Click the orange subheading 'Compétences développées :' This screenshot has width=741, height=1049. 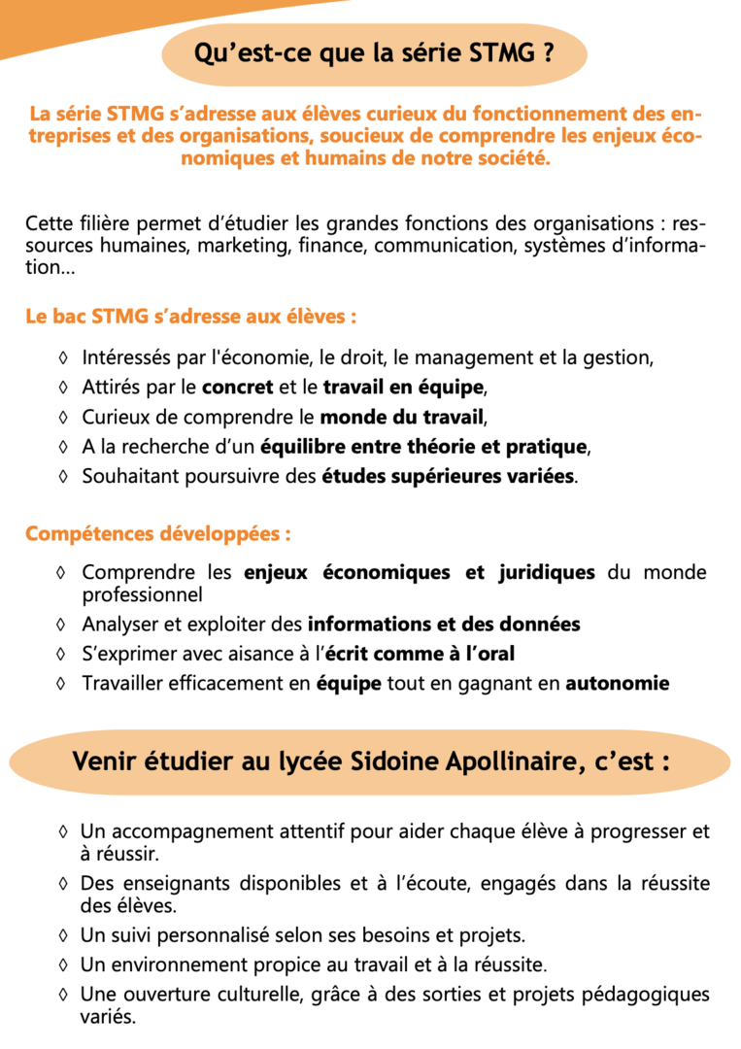[x=158, y=534]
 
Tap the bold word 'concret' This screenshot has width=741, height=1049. [x=237, y=389]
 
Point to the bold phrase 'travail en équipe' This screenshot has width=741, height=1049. [x=402, y=389]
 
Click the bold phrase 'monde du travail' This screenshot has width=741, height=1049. [x=401, y=419]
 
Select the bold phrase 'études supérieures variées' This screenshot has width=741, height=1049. [x=448, y=478]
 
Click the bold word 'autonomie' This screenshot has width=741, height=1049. [x=618, y=683]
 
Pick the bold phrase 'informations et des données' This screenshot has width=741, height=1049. [x=444, y=624]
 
